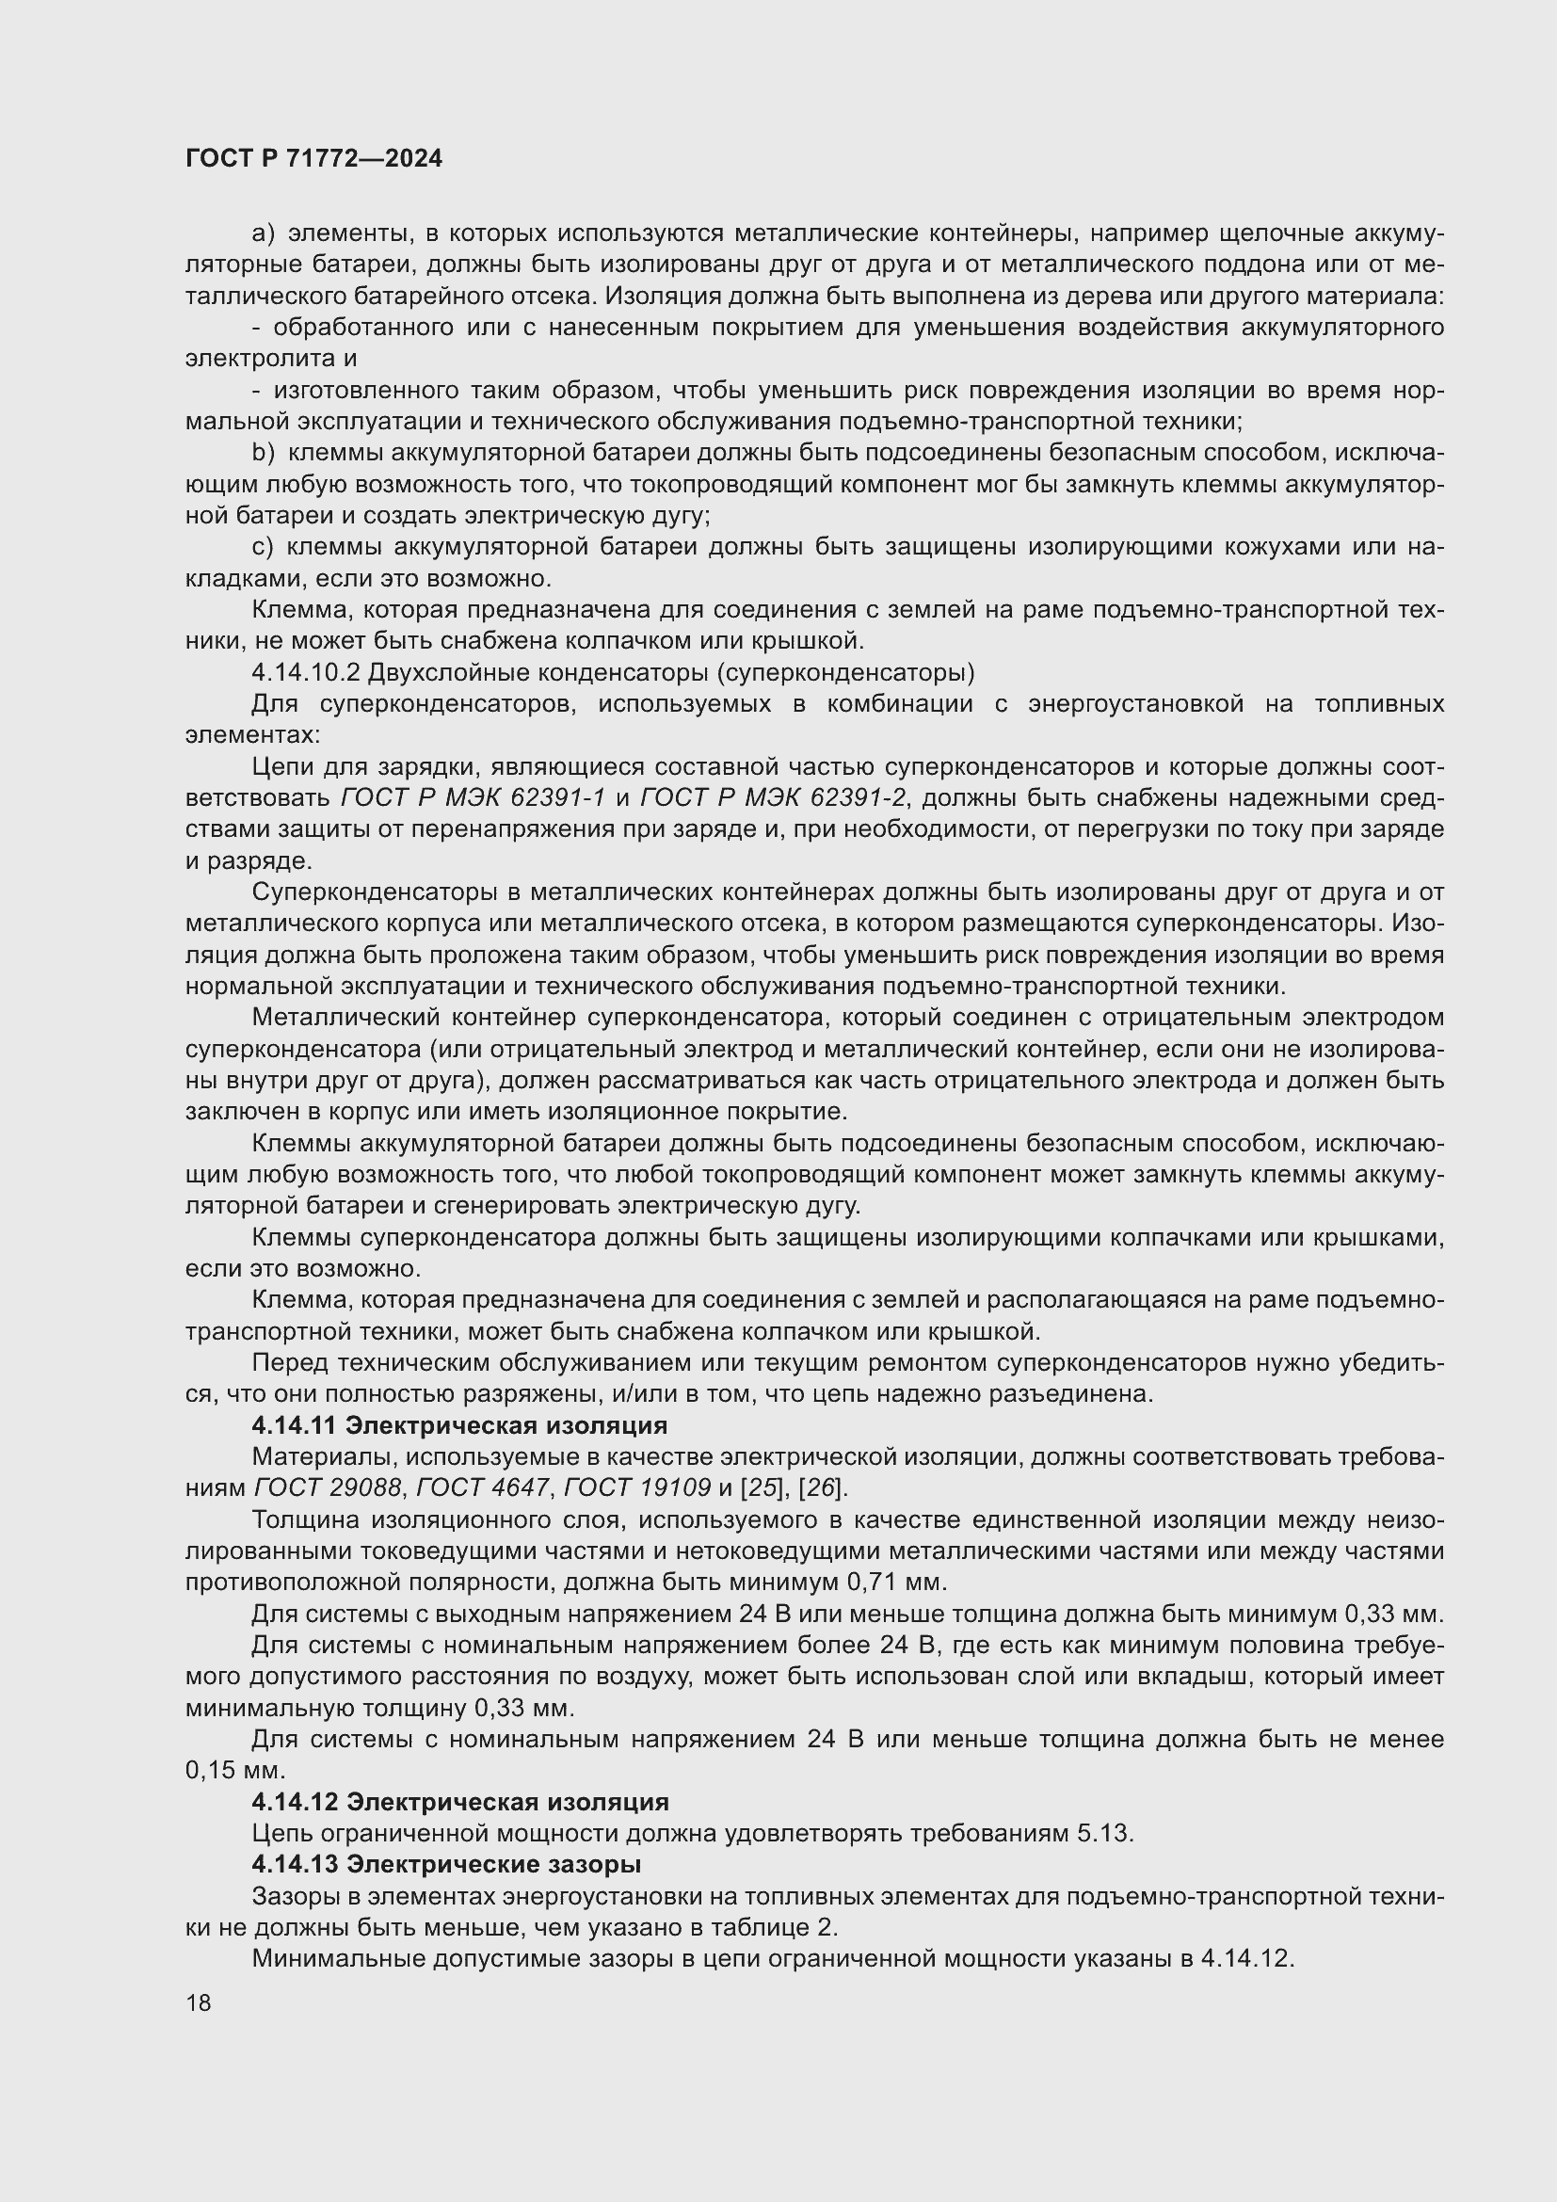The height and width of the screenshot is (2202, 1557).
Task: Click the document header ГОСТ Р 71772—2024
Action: coord(313,158)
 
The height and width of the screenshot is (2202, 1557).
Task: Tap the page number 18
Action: coord(199,2002)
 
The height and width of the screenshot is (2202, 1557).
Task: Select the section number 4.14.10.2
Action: coord(304,671)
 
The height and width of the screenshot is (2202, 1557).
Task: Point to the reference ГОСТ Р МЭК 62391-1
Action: coord(474,798)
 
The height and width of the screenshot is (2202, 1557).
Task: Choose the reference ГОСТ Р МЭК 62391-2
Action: coord(772,798)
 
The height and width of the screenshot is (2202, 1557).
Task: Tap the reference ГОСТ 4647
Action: coord(484,1487)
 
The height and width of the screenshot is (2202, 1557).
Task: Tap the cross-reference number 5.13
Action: coord(1103,1834)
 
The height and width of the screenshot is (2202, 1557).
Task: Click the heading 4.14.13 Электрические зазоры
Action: coord(447,1864)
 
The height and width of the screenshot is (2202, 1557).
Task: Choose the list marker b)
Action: coord(263,453)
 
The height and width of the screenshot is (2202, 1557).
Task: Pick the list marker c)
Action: coord(263,547)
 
